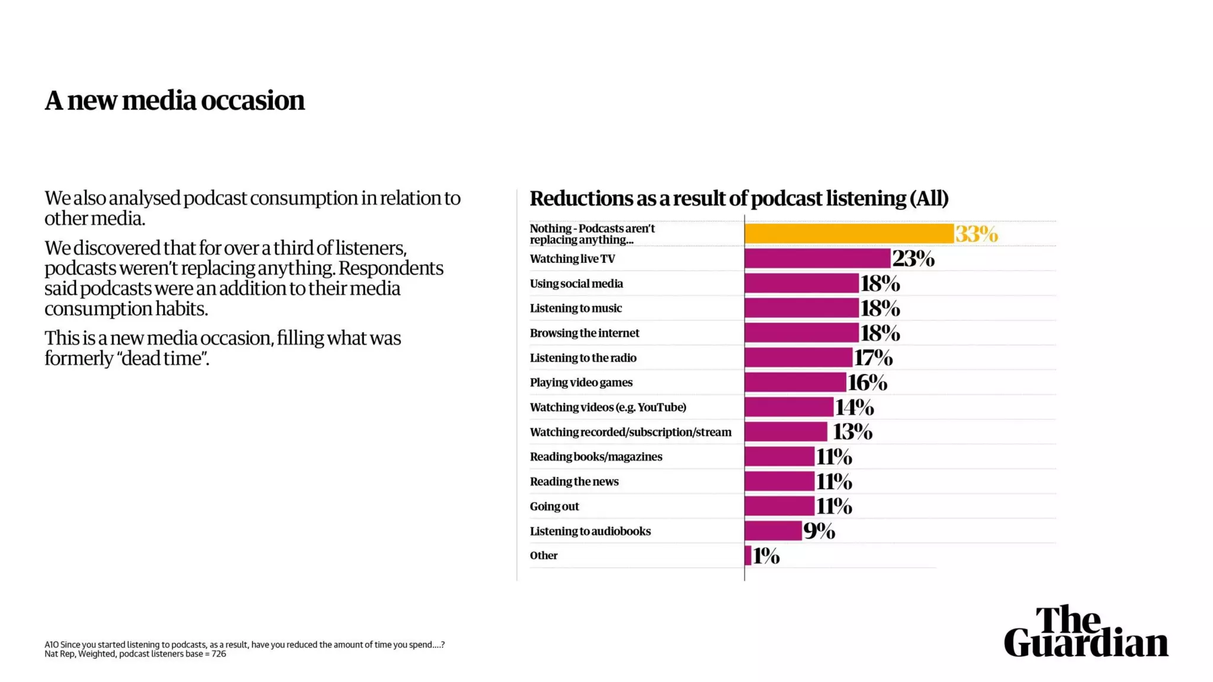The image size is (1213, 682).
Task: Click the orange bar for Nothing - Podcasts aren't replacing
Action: coord(849,234)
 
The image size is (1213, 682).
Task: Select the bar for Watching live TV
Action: coord(817,259)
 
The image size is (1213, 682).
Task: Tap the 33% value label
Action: coord(976,234)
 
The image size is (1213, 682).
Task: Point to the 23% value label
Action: coord(913,259)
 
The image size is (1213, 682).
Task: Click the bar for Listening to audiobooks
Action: coord(773,531)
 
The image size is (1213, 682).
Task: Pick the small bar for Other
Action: coord(748,556)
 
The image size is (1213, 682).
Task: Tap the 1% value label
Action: coord(766,556)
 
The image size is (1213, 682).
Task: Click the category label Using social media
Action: coord(576,284)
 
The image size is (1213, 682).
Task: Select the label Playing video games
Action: coord(580,382)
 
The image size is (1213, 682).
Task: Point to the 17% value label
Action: coord(872,358)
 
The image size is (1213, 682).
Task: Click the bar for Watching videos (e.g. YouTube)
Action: coord(789,407)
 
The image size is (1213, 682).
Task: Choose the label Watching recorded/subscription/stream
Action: coord(630,432)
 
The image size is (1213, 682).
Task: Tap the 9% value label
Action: coord(819,531)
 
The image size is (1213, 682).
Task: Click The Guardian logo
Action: coord(1086,632)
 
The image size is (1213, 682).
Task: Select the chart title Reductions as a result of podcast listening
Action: coord(739,198)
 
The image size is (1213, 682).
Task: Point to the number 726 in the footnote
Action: coord(219,654)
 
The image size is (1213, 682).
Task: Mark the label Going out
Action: coord(554,506)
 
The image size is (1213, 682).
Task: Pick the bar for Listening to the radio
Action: coord(798,358)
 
